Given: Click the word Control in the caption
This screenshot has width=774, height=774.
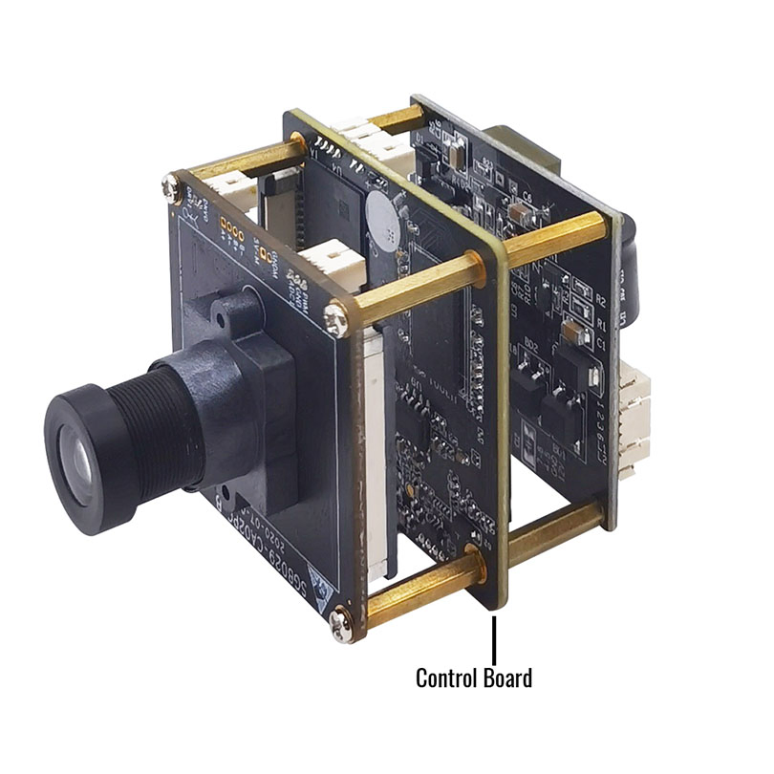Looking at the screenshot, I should tap(445, 678).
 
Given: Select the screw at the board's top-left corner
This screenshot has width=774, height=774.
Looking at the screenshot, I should tap(173, 187).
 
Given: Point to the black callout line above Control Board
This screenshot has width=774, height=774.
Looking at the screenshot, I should tap(494, 638).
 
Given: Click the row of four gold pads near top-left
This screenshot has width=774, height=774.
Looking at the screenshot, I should tap(229, 229).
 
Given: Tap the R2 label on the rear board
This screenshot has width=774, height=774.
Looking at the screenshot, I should tap(600, 300).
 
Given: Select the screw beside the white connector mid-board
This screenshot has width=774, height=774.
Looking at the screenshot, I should tap(335, 318).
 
